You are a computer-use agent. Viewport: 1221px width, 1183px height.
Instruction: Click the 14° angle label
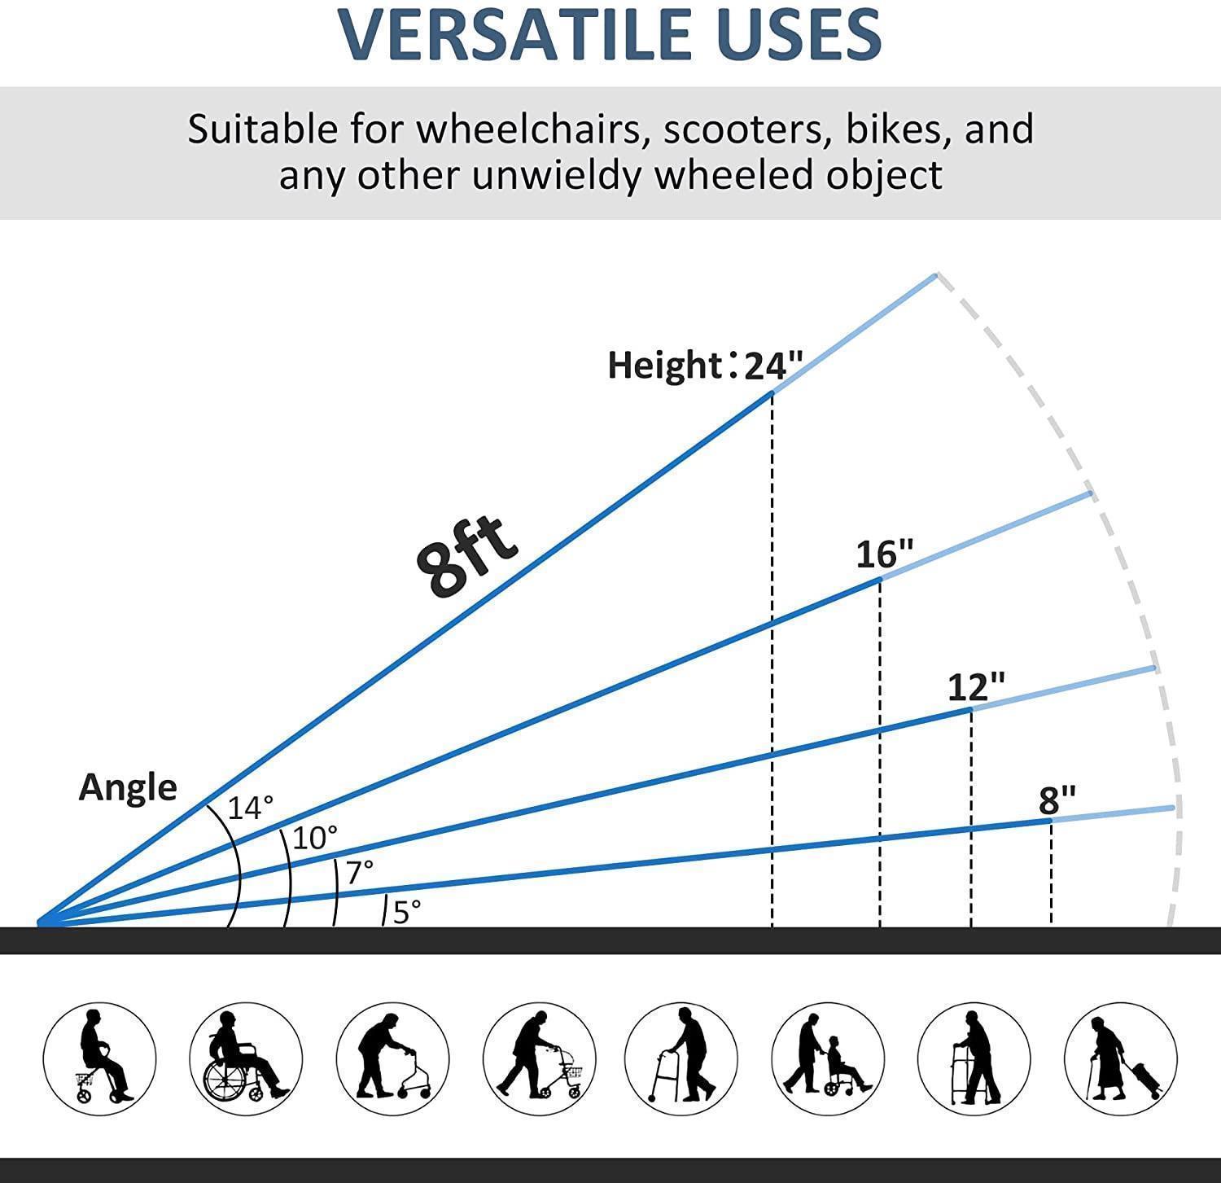(250, 808)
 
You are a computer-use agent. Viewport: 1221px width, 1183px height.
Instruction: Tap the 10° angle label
(314, 838)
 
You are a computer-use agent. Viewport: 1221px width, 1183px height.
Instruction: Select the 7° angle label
(360, 872)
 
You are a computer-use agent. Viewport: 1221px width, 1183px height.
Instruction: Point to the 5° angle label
(407, 912)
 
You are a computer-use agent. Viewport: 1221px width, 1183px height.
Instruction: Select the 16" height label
(885, 554)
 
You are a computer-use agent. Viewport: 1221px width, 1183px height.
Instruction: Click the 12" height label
(976, 688)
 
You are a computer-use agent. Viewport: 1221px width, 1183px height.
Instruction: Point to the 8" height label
(1057, 800)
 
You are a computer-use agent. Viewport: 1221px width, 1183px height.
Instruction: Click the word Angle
(128, 788)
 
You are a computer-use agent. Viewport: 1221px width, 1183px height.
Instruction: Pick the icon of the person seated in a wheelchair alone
(246, 1058)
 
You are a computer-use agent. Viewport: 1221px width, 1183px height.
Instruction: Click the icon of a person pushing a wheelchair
(827, 1058)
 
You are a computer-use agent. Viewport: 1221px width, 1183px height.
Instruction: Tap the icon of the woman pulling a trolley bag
(1120, 1058)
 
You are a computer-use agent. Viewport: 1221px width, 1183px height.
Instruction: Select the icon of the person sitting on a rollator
(99, 1058)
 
